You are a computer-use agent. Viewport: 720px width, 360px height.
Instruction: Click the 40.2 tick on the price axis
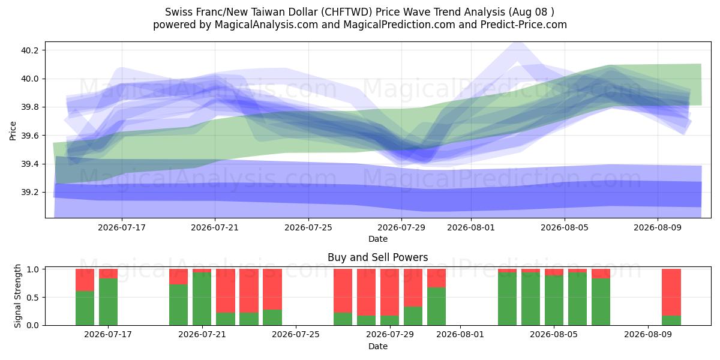[29, 50]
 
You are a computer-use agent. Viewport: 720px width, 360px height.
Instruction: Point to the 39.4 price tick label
[29, 164]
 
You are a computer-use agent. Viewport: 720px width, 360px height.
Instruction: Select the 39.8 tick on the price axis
[29, 107]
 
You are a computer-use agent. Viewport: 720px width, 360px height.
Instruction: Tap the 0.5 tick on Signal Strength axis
[33, 298]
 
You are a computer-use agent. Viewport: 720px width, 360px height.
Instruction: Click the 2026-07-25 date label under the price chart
[308, 227]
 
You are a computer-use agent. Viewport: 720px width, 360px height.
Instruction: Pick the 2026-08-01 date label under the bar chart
[460, 334]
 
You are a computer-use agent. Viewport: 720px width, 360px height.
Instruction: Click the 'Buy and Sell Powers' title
[377, 257]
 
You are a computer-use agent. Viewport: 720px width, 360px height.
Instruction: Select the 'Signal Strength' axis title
[17, 296]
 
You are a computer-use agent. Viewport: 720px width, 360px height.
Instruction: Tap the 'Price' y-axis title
[13, 131]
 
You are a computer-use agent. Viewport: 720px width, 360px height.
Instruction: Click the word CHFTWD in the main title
[347, 12]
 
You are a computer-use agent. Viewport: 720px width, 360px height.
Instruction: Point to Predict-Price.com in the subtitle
[524, 25]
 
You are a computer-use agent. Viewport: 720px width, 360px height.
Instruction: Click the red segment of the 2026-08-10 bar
[671, 292]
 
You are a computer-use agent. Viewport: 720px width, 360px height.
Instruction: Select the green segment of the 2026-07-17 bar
[109, 302]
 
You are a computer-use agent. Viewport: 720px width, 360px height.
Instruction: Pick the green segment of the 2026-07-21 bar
[202, 299]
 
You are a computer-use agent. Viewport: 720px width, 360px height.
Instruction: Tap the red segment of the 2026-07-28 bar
[367, 292]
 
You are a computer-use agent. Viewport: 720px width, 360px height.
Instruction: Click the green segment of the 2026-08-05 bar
[554, 300]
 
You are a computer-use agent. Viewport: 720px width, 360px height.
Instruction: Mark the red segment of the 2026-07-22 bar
[226, 290]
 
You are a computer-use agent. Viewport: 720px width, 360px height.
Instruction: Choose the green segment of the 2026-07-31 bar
[437, 307]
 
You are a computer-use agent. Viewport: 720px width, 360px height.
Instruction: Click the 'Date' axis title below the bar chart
[377, 346]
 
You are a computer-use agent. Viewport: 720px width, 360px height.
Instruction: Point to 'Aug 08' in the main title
[530, 12]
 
